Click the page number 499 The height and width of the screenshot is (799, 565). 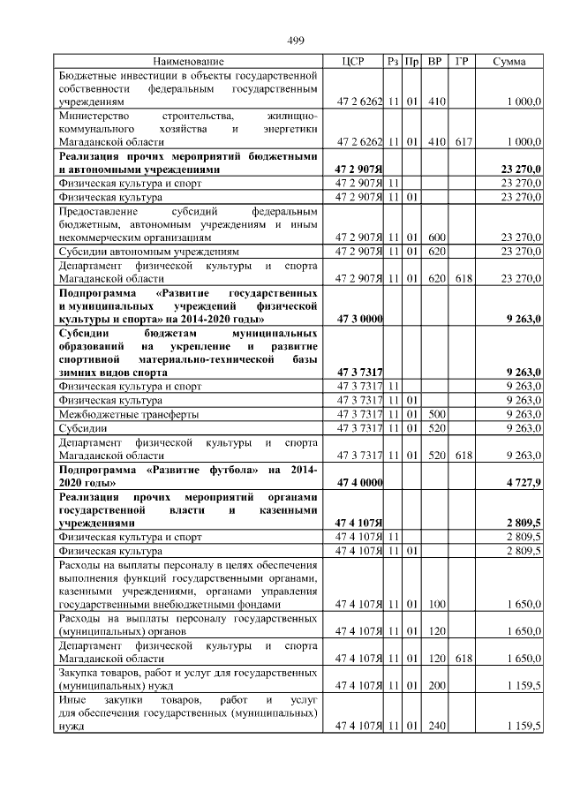296,40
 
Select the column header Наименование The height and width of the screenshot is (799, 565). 188,61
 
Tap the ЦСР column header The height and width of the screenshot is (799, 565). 358,61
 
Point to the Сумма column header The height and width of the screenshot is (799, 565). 509,61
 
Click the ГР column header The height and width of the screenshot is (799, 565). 461,61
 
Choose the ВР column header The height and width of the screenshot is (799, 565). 435,61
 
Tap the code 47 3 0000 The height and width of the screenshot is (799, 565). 358,319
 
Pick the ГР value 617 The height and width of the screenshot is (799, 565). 461,141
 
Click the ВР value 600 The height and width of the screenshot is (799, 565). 435,237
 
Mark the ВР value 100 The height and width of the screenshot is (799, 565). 435,605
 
